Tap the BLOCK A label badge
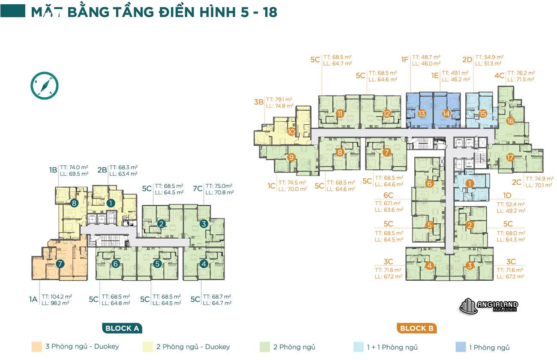coord(122,329)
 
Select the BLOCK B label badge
coord(416,329)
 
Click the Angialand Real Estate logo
coord(488,306)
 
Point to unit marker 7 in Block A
coord(60,264)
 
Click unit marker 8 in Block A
coord(74,203)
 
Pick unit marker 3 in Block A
coord(204,223)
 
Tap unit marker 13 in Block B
coord(422,114)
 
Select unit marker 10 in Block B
coord(291,132)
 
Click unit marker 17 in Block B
coord(510,157)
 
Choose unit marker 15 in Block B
coord(483,114)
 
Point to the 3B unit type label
coord(258,102)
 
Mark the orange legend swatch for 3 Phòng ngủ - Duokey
coord(36,347)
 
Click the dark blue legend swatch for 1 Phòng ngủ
coord(461,347)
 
